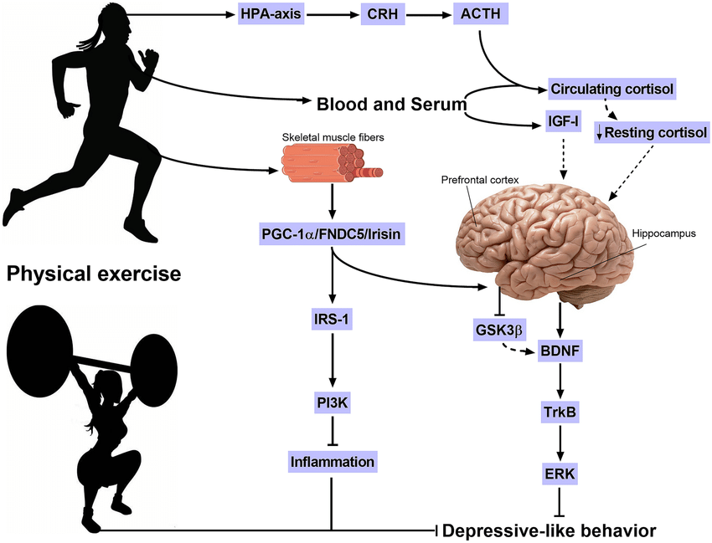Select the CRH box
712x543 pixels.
tap(381, 15)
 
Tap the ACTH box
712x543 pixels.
tap(479, 15)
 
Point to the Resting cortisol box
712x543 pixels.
tap(653, 131)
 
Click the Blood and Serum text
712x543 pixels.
tap(390, 104)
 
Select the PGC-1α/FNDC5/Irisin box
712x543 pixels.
tap(333, 238)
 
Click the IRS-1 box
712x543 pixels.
tap(333, 319)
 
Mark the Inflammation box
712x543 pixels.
tap(333, 461)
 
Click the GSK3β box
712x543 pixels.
tap(499, 331)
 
